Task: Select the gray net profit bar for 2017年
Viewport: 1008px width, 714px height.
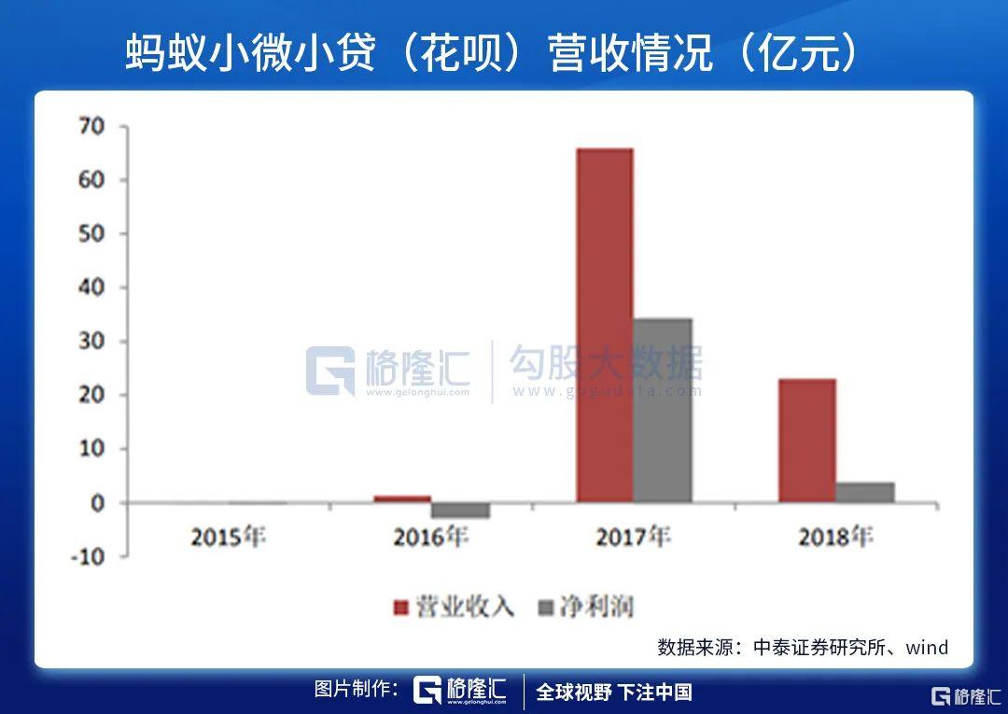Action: (x=662, y=411)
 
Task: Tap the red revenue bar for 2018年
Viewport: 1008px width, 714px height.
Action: (x=806, y=441)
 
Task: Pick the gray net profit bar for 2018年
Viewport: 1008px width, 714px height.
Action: (x=865, y=492)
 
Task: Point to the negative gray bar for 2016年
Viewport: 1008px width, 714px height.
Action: (x=459, y=511)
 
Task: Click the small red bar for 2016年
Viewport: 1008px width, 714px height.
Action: (x=402, y=499)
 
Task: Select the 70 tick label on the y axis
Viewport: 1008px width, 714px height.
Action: (x=91, y=126)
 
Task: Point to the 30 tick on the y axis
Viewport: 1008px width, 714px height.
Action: (x=91, y=342)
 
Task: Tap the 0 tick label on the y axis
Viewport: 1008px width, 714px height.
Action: (x=97, y=503)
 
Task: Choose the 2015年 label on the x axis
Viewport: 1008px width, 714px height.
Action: (x=228, y=538)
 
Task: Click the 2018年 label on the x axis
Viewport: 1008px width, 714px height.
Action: (x=835, y=538)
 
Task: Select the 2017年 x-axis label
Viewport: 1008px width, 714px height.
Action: (x=633, y=538)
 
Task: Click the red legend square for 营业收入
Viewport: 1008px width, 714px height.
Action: (x=401, y=608)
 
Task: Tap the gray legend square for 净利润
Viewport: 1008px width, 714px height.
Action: (x=547, y=608)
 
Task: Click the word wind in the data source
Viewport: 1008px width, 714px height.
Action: (x=927, y=647)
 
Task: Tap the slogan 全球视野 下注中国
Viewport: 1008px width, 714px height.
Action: (x=613, y=692)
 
